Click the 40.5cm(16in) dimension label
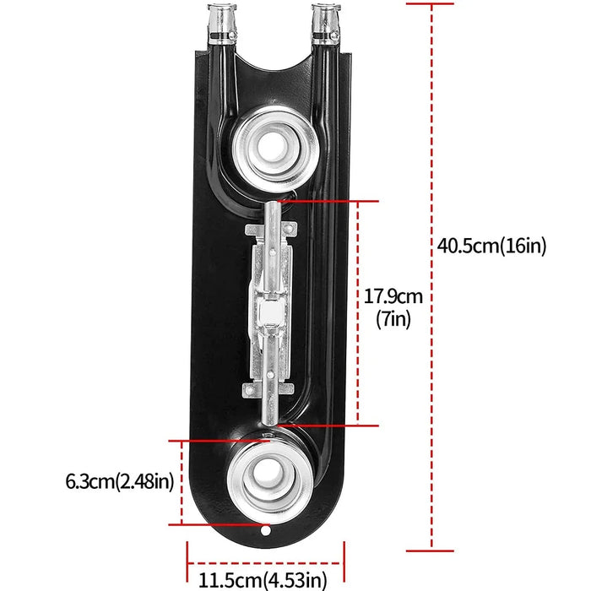click(x=492, y=247)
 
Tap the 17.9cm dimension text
click(x=393, y=297)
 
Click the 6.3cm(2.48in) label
click(x=119, y=482)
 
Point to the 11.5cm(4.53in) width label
click(x=263, y=580)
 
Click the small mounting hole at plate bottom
click(x=267, y=534)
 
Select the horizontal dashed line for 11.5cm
click(x=265, y=563)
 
